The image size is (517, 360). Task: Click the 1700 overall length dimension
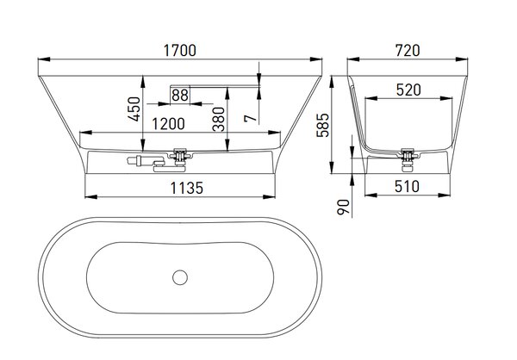click(x=180, y=51)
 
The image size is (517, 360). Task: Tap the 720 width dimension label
click(x=408, y=51)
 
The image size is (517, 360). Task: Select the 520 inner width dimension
click(x=408, y=90)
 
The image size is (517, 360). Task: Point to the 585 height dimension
click(x=323, y=125)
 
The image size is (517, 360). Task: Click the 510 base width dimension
click(x=408, y=187)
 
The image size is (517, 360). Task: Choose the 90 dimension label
click(x=343, y=207)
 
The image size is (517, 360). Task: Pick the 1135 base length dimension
click(x=187, y=189)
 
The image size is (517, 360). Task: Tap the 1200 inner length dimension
click(x=169, y=124)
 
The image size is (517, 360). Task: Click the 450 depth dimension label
click(x=134, y=109)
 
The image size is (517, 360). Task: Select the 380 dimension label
click(x=219, y=119)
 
